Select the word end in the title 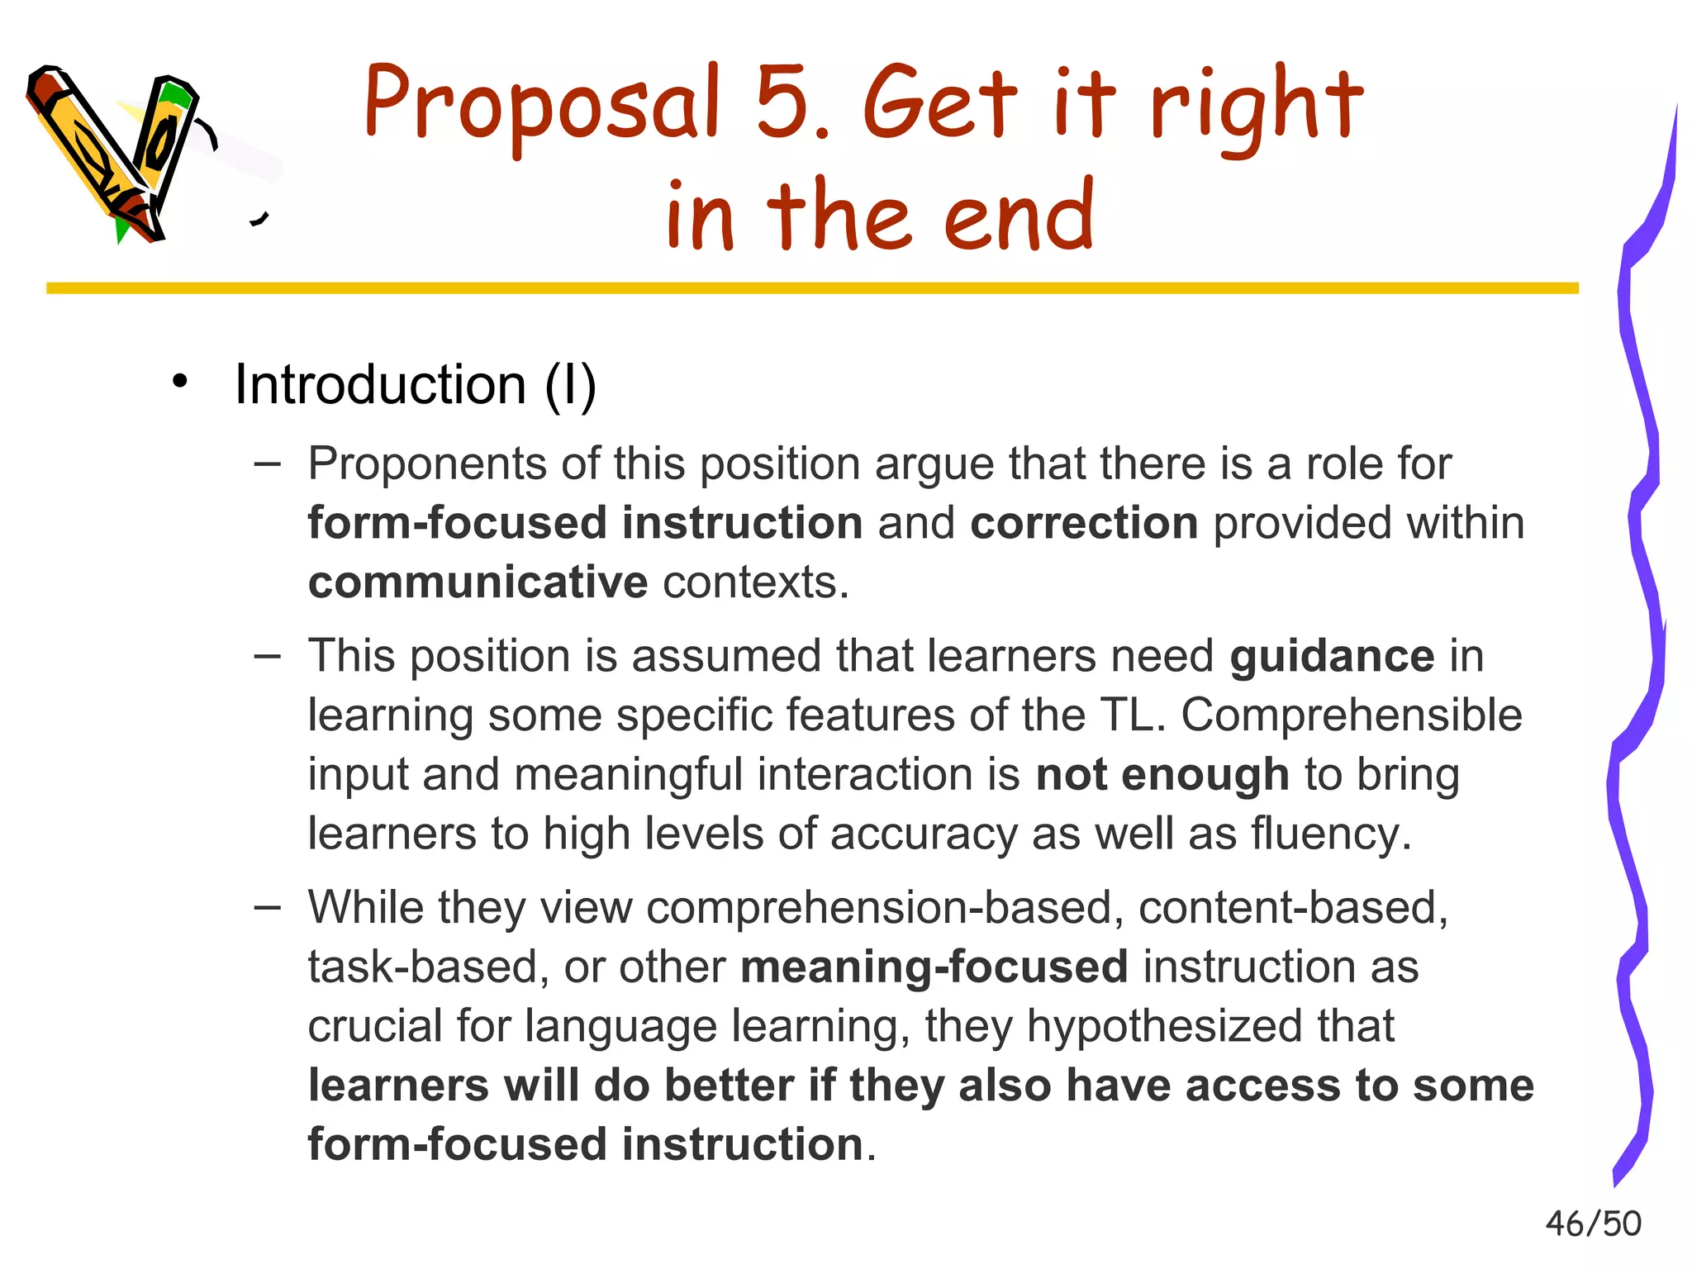1018,216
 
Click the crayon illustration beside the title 116,153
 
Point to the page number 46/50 1593,1224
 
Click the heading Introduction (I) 415,385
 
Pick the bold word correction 1084,524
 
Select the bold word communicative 478,583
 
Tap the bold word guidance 1332,657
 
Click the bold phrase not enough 1162,776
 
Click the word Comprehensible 1352,715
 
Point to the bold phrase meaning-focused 934,967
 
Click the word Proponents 427,464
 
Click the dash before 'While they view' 267,907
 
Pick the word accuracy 924,834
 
